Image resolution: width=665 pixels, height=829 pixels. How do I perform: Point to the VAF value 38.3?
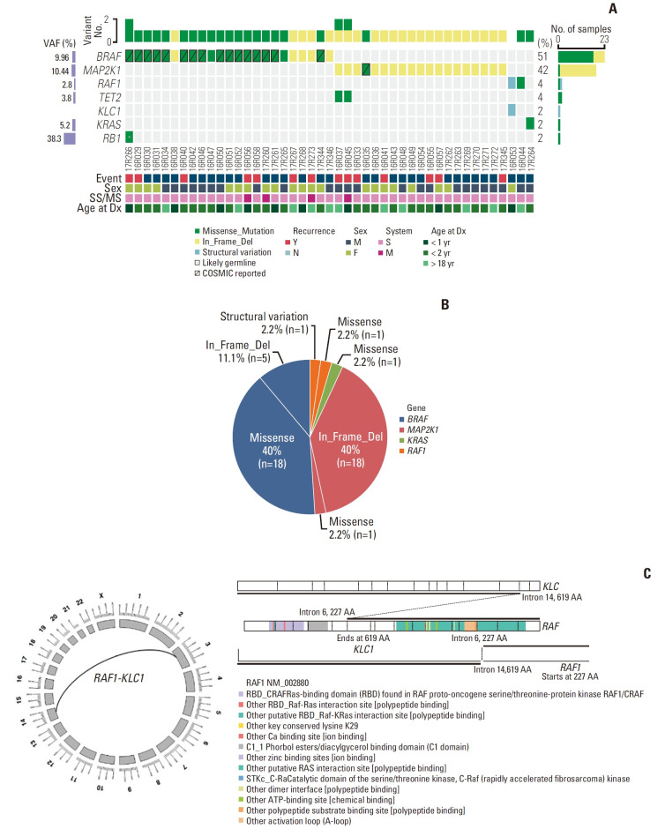(x=60, y=138)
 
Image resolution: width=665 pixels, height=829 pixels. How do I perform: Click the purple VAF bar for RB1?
(x=88, y=138)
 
